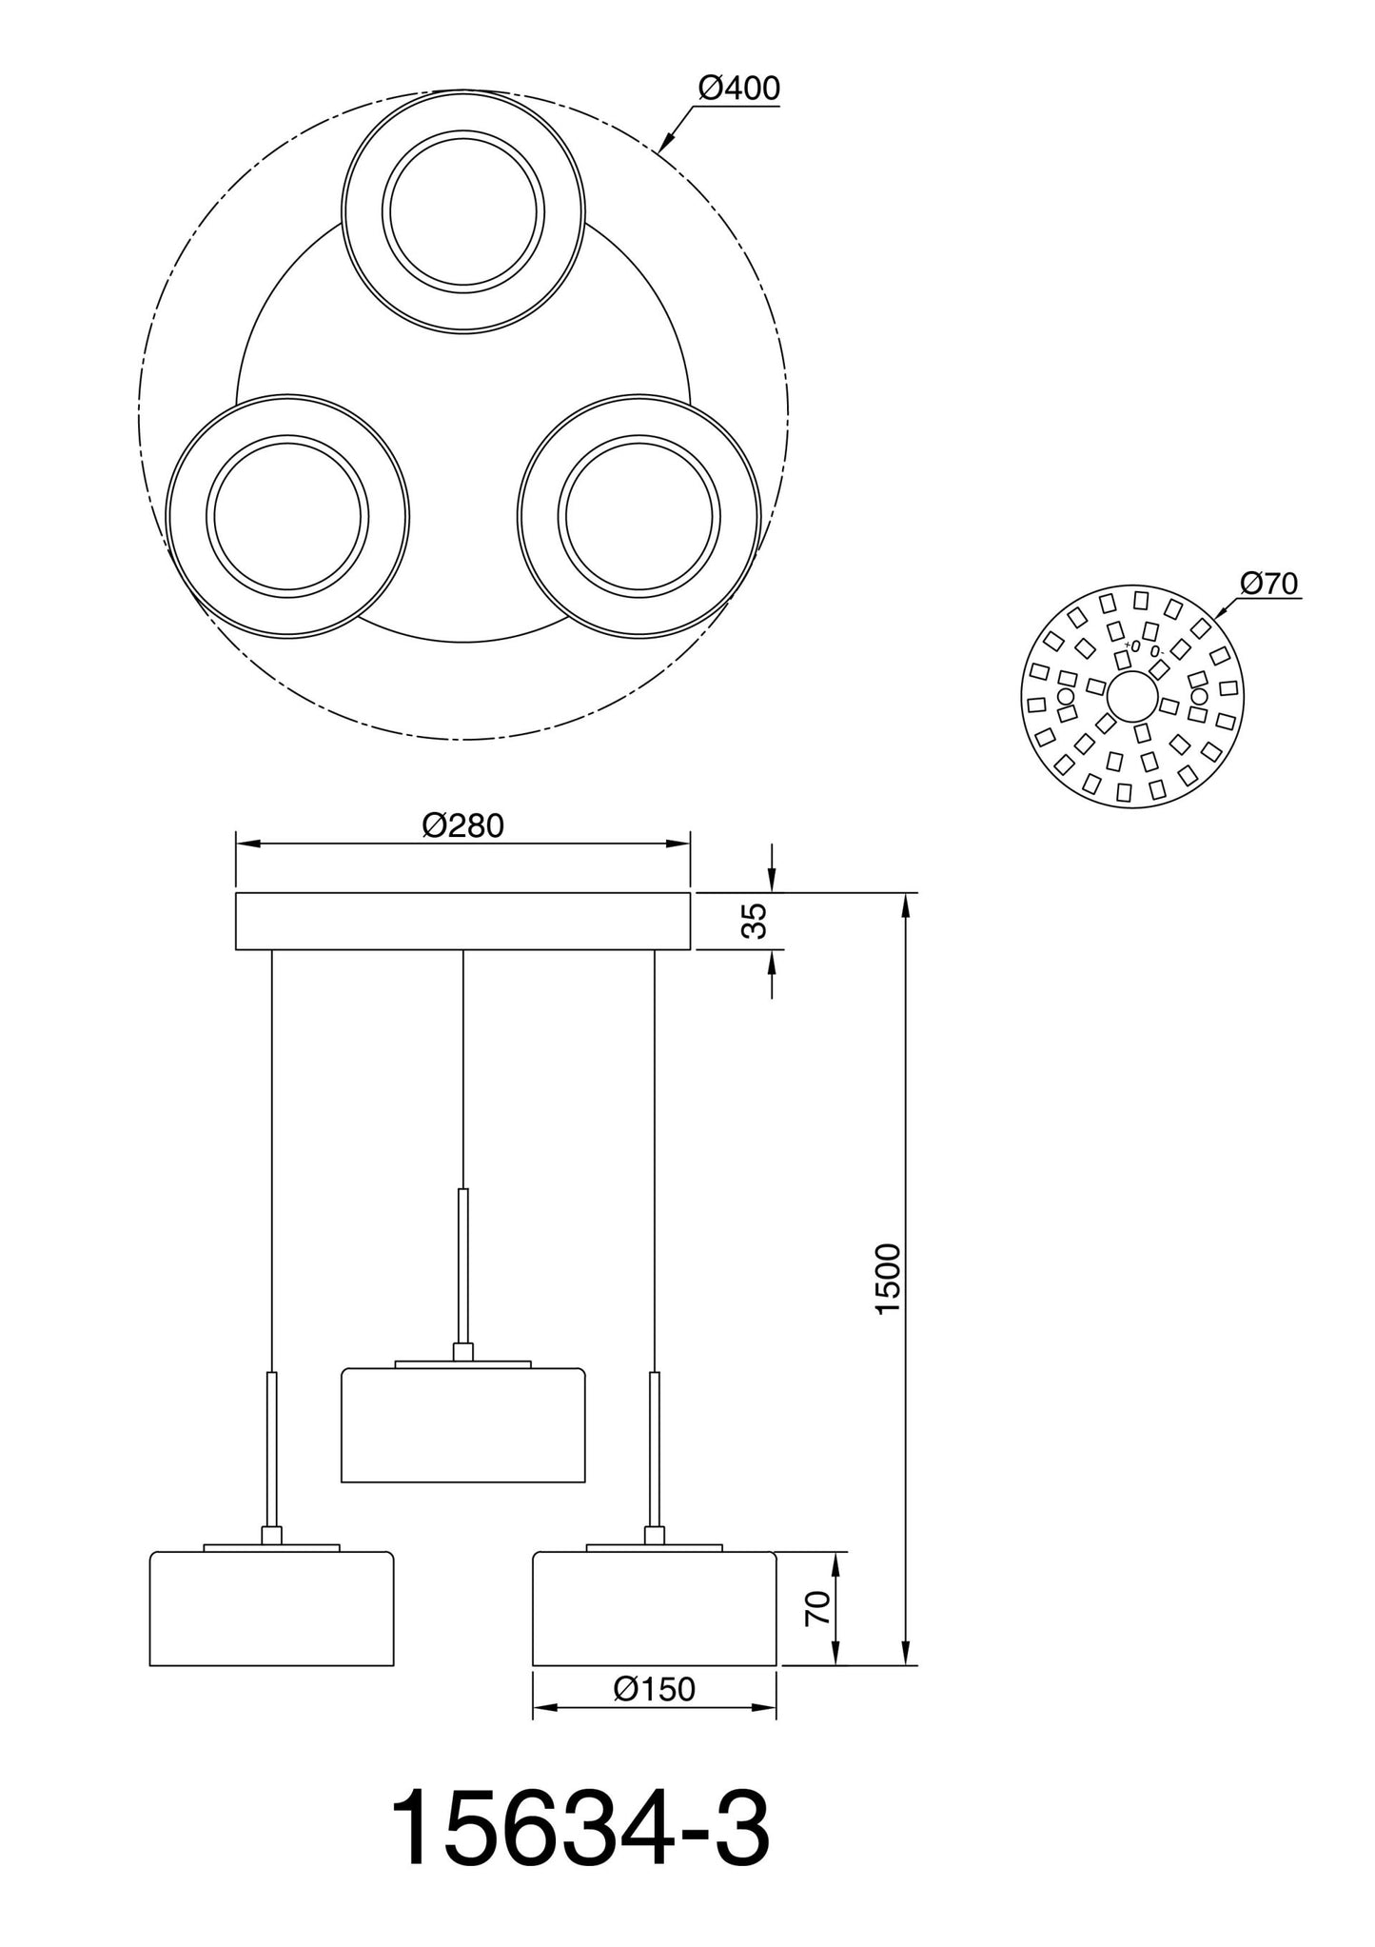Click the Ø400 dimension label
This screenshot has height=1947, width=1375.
pyautogui.click(x=738, y=89)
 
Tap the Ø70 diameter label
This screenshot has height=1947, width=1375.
pyautogui.click(x=1269, y=583)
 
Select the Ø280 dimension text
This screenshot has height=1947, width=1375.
pyautogui.click(x=462, y=825)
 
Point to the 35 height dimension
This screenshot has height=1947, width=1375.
pyautogui.click(x=755, y=921)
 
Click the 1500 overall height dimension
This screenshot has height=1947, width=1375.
pyautogui.click(x=887, y=1279)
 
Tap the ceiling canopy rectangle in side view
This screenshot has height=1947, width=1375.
pyautogui.click(x=462, y=921)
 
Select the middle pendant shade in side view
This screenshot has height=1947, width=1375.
pyautogui.click(x=462, y=1424)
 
